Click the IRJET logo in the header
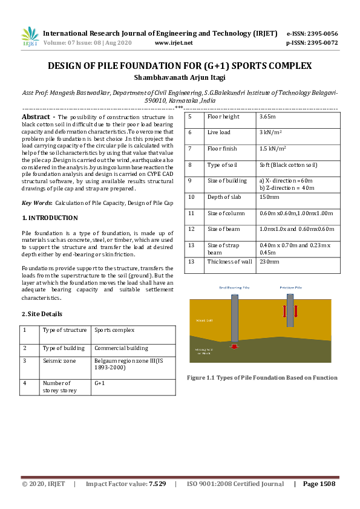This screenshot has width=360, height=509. pyautogui.click(x=30, y=37)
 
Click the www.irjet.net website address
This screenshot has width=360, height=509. pyautogui.click(x=174, y=43)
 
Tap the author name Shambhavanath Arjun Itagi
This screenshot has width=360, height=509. pyautogui.click(x=180, y=77)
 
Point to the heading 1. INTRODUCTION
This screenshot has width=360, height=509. pyautogui.click(x=50, y=218)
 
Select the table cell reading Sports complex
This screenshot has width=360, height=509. pyautogui.click(x=114, y=330)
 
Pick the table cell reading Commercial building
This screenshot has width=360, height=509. pyautogui.click(x=121, y=348)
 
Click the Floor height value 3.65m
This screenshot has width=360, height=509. pyautogui.click(x=267, y=117)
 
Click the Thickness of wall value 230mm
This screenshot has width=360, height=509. pyautogui.click(x=269, y=262)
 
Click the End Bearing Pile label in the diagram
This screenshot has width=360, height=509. pyautogui.click(x=234, y=288)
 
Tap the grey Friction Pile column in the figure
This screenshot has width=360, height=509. pyautogui.click(x=291, y=310)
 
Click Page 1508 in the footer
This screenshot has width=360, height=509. pyautogui.click(x=319, y=484)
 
